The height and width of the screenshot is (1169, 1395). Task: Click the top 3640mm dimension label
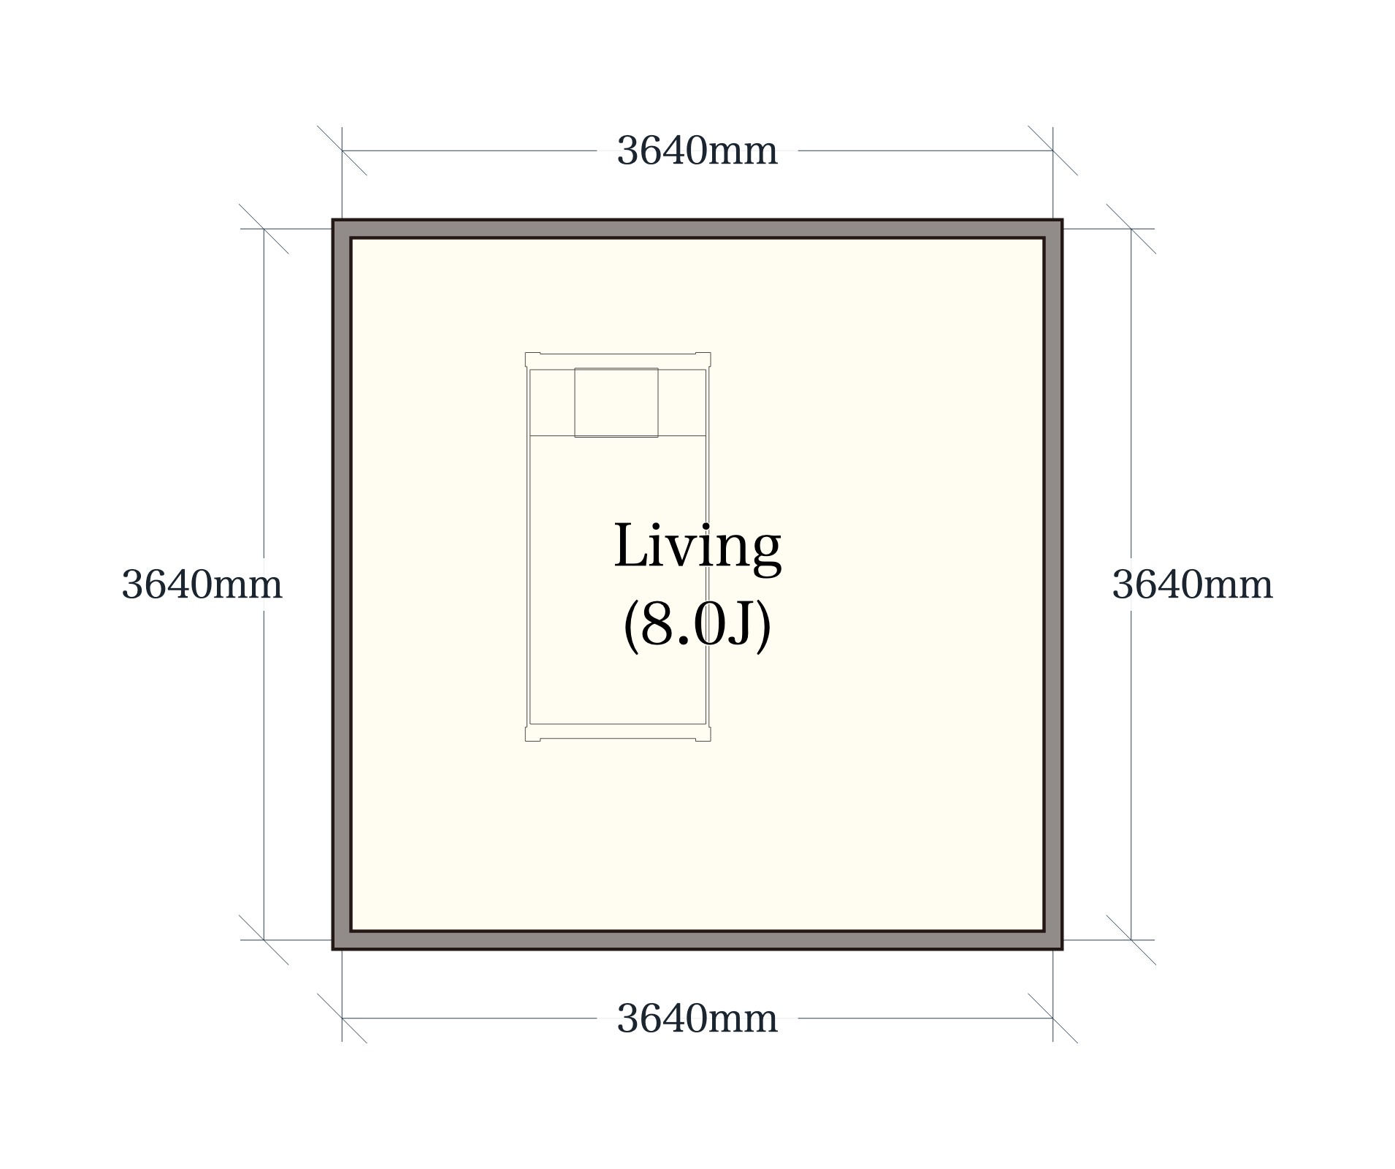[697, 151]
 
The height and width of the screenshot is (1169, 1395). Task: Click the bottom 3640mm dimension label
[697, 1018]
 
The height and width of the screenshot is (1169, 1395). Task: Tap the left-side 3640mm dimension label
[202, 584]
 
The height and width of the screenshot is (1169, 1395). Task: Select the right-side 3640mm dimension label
[1192, 584]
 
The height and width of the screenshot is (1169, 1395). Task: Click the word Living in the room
[697, 548]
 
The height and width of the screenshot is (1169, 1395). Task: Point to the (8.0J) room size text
[697, 625]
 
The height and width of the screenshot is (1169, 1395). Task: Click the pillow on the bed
[616, 403]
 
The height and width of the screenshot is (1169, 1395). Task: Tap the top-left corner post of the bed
[532, 359]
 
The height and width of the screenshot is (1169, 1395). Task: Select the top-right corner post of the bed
[703, 359]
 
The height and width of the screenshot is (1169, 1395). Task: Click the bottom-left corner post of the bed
[532, 734]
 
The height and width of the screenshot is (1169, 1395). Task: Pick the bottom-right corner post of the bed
[703, 734]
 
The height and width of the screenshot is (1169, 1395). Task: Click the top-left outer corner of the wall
[333, 220]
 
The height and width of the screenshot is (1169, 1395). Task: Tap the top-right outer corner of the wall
[1062, 220]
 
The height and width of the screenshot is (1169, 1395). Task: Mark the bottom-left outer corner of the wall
[333, 949]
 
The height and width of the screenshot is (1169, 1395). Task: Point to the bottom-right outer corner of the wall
[1062, 949]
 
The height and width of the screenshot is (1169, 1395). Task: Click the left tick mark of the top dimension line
[342, 151]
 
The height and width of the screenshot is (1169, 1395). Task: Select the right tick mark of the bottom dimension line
[1052, 1018]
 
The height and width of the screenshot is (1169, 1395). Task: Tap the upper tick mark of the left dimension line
[264, 229]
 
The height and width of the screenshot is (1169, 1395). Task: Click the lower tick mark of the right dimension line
[1131, 940]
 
